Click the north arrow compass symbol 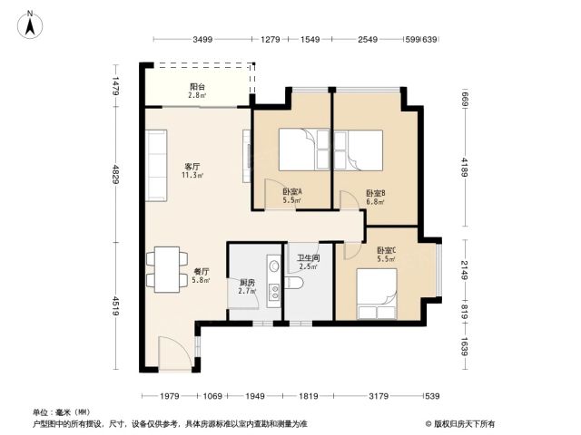point(30,24)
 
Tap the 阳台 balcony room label point(197,87)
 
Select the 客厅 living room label point(192,167)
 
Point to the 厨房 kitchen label point(247,283)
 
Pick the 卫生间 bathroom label point(309,257)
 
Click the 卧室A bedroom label point(292,192)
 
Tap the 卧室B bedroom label point(376,193)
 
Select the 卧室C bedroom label point(387,250)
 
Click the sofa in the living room point(156,165)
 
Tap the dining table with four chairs point(167,269)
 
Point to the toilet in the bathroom point(294,283)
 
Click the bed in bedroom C point(377,294)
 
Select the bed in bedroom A point(304,150)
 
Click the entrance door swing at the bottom point(174,353)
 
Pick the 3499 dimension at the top point(202,39)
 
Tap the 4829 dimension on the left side point(116,175)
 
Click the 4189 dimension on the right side point(465,167)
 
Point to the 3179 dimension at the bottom point(379,396)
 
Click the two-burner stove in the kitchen point(274,292)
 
